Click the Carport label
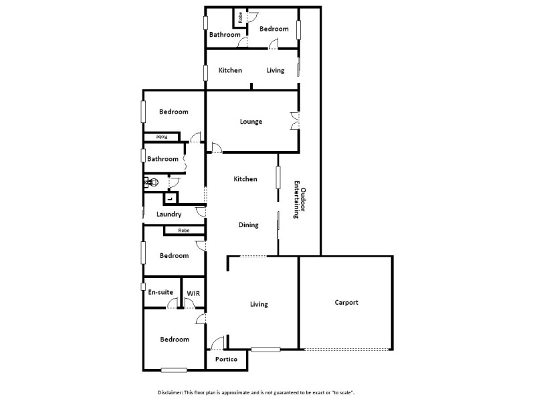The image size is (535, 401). coord(346,303)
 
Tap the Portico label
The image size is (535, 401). coord(226,360)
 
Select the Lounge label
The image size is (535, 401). coord(251,122)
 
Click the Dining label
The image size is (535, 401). coord(248,225)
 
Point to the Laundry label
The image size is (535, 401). coord(169,215)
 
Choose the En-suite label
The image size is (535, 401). coord(160,293)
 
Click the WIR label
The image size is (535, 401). coord(193,293)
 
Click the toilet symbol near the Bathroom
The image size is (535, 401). coord(151,182)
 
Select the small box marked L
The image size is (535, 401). coord(171,198)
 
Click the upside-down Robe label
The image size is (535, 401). coord(161,137)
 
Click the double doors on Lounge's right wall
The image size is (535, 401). coord(295,122)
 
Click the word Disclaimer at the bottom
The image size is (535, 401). coord(171,392)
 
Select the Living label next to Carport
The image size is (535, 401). coord(259,304)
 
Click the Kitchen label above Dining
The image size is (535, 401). coord(245,179)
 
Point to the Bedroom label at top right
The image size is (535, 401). coord(274,29)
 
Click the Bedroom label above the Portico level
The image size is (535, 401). coord(174,340)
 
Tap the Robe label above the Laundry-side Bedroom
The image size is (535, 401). coord(183,231)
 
